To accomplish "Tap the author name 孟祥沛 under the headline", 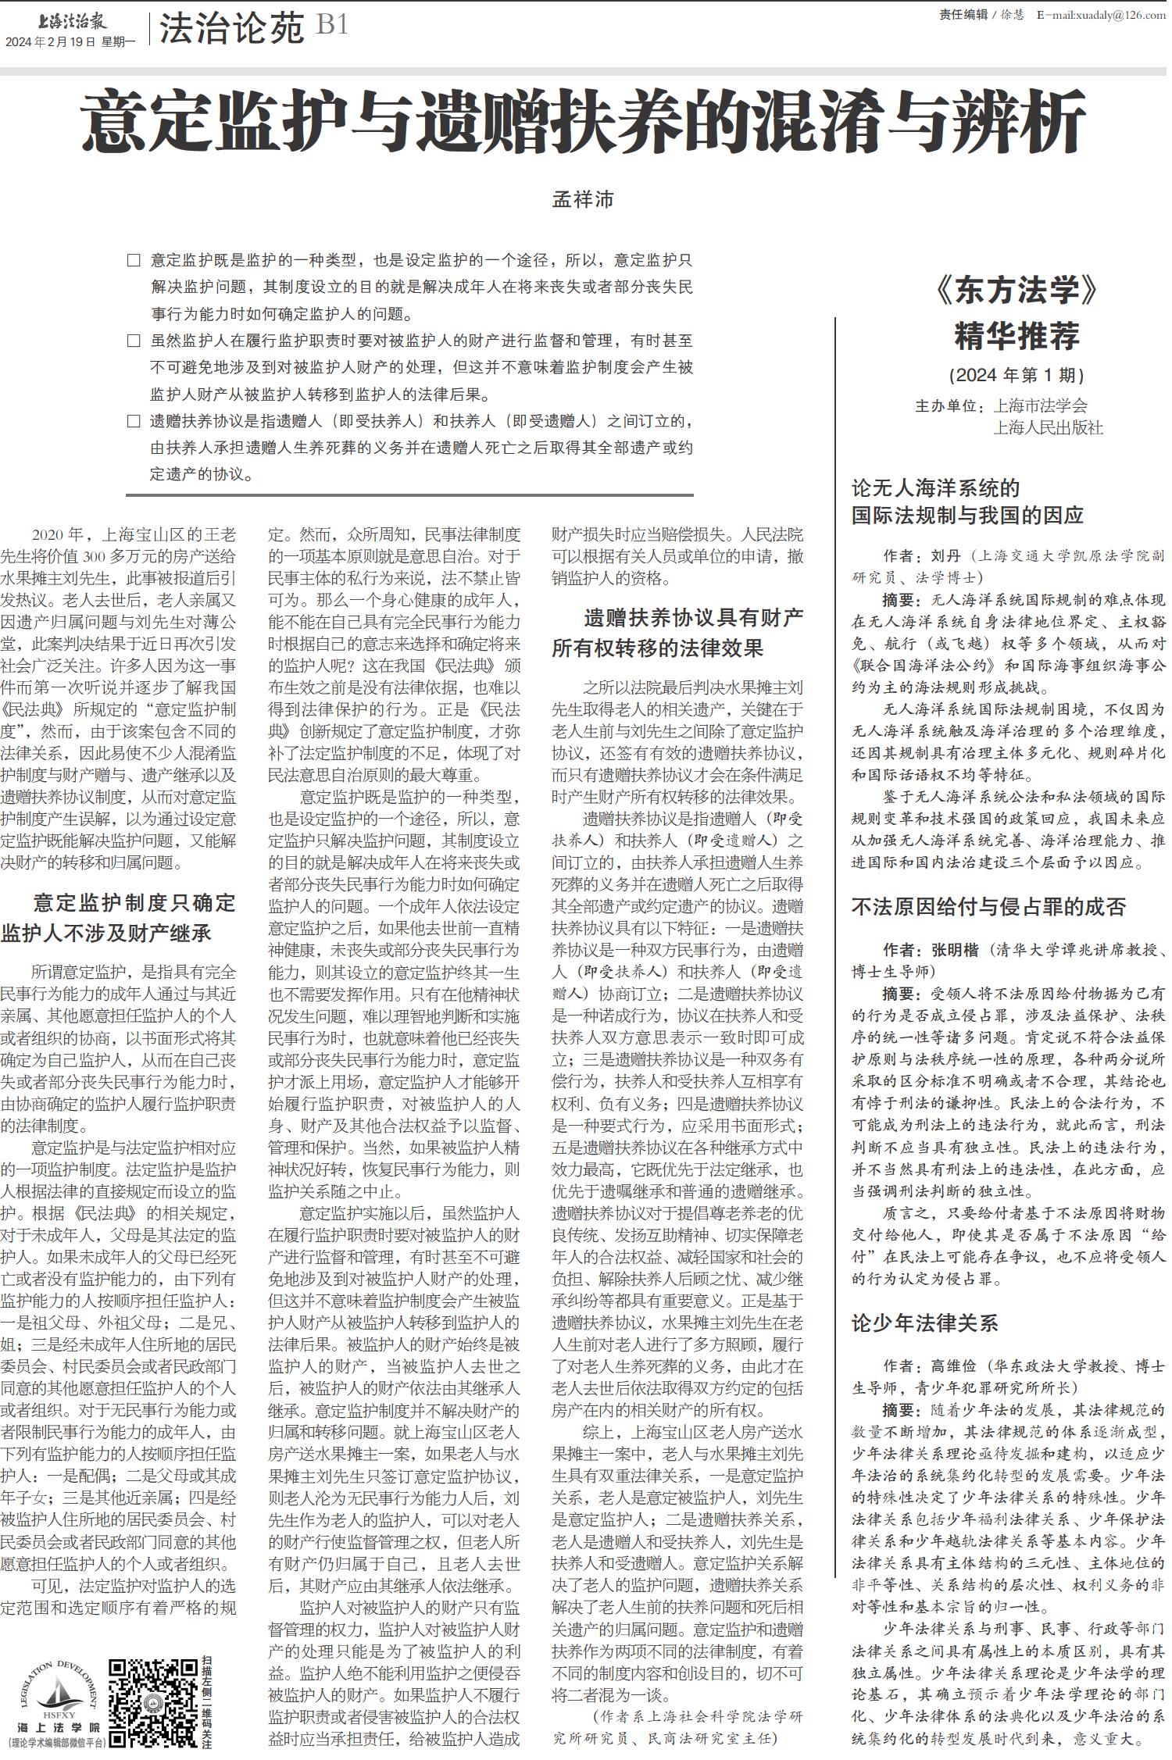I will [583, 200].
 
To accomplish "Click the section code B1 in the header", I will [332, 27].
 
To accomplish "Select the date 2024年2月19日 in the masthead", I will [50, 42].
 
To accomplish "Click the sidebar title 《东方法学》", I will [1016, 291].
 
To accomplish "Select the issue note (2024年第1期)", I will [1016, 375].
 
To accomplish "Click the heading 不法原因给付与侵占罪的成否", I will [988, 906].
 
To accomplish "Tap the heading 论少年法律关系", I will [924, 1323].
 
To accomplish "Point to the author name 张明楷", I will [954, 950].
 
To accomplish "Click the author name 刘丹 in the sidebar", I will [945, 556].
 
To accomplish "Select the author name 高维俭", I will [953, 1366].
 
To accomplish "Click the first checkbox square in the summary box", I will [134, 260].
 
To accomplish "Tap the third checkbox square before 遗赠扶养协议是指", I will [134, 422].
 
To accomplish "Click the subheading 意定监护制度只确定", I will [134, 903].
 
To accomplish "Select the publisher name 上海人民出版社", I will [1048, 428].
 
